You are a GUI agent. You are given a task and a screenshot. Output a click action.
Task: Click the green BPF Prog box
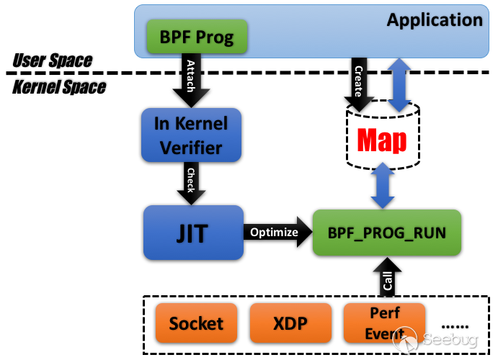pos(197,37)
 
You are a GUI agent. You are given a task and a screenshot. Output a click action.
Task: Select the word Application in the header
pos(434,19)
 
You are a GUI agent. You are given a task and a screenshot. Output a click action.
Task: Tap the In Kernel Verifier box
pos(190,135)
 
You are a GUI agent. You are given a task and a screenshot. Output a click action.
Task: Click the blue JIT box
pos(192,233)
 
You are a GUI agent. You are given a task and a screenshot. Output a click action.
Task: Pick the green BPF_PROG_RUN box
pos(386,233)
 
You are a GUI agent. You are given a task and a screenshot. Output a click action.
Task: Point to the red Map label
pos(382,140)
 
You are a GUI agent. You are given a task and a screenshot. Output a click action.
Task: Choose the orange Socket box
pos(196,323)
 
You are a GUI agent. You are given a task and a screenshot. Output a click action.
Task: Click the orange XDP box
pos(290,323)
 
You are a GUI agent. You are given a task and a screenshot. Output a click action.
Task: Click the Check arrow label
pos(191,180)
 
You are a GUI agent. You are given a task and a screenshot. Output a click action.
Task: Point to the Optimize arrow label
pos(274,232)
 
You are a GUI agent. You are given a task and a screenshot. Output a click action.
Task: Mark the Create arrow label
pos(358,81)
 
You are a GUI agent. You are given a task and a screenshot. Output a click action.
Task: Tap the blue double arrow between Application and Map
pos(399,85)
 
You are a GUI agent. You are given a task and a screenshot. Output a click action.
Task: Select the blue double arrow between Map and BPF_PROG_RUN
pos(383,185)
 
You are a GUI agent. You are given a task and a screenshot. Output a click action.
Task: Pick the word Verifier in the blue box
pos(190,148)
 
